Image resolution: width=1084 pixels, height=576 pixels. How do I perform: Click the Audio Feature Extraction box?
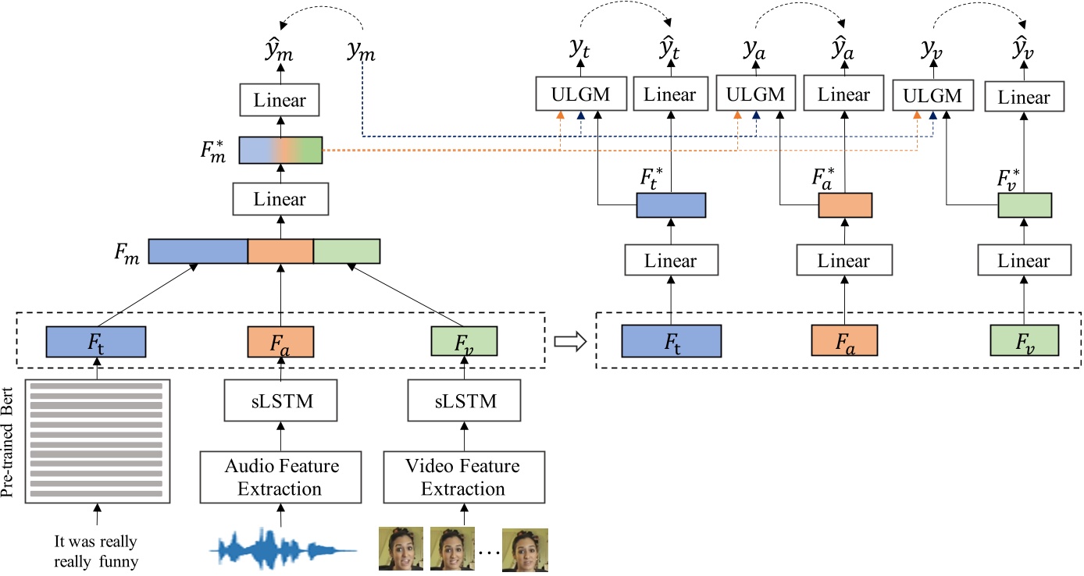click(282, 478)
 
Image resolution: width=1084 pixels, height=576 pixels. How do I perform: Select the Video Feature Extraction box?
click(462, 478)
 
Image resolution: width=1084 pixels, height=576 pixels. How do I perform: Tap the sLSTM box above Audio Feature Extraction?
click(281, 403)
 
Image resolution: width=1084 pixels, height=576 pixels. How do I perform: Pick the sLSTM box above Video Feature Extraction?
click(463, 403)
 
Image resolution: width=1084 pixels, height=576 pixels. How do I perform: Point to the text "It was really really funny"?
click(96, 550)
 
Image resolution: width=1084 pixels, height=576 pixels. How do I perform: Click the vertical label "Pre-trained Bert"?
click(12, 441)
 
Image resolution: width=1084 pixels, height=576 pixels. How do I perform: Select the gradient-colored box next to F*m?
click(280, 150)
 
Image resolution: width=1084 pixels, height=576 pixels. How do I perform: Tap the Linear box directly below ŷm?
click(280, 101)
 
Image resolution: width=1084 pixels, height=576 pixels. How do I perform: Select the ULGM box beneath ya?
click(754, 95)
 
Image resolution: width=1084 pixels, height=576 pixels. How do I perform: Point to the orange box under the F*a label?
click(844, 204)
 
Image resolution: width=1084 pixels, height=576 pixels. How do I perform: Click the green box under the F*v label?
click(1025, 205)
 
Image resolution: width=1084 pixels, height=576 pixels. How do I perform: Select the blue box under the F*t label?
click(671, 204)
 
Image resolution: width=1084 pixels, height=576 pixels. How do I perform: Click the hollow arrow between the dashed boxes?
click(569, 342)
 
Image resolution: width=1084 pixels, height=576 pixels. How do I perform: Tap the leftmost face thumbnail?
click(401, 550)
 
